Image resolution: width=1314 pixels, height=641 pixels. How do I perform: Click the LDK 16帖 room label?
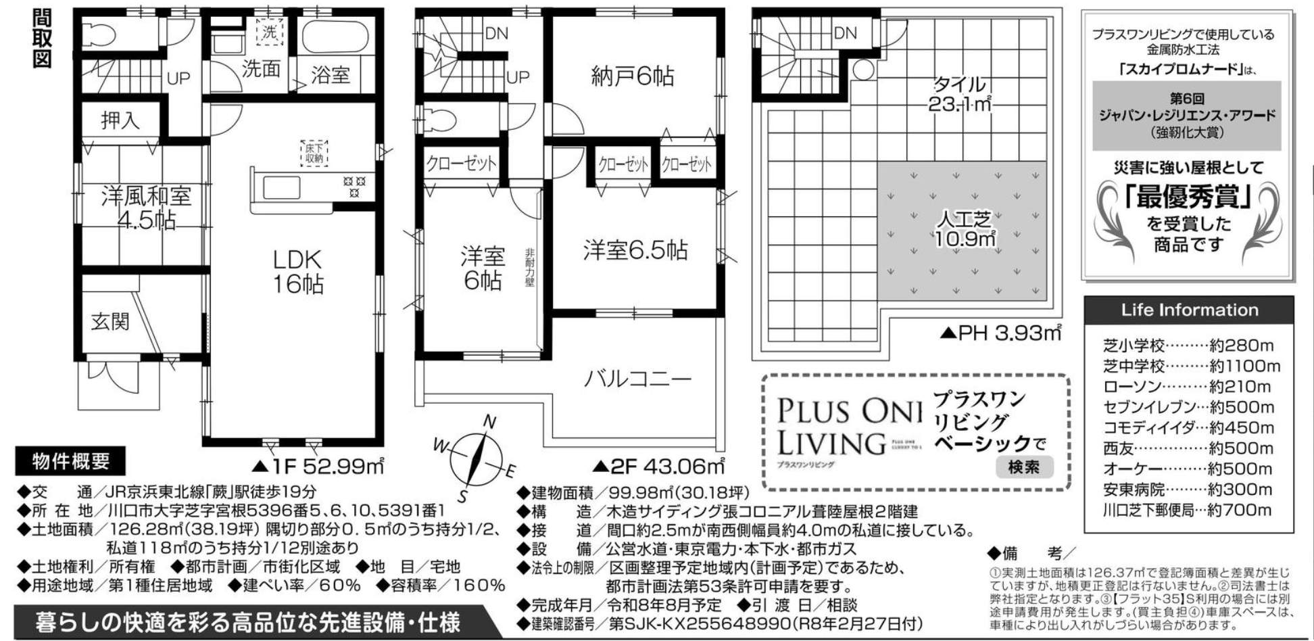point(297,272)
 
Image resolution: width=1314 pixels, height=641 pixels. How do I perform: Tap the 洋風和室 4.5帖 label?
point(146,208)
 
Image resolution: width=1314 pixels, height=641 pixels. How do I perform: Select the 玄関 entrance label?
point(110,320)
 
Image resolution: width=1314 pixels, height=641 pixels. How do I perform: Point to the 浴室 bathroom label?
point(330,74)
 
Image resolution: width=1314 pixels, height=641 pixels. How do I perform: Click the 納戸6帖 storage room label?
point(633,76)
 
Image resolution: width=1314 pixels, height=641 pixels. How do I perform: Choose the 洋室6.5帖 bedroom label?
point(635,250)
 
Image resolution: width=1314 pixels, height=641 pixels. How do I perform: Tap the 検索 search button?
point(1023,467)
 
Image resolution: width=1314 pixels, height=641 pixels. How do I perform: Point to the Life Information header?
point(1189,310)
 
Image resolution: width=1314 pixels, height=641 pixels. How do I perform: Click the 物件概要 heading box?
point(71,462)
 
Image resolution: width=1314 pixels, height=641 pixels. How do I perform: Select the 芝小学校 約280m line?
point(1188,346)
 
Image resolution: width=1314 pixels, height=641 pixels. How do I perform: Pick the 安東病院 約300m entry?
point(1188,490)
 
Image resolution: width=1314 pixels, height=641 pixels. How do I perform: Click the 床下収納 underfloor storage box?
point(314,153)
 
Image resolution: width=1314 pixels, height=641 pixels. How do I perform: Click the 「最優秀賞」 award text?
point(1188,197)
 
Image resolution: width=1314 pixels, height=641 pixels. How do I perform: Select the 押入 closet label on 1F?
point(120,120)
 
